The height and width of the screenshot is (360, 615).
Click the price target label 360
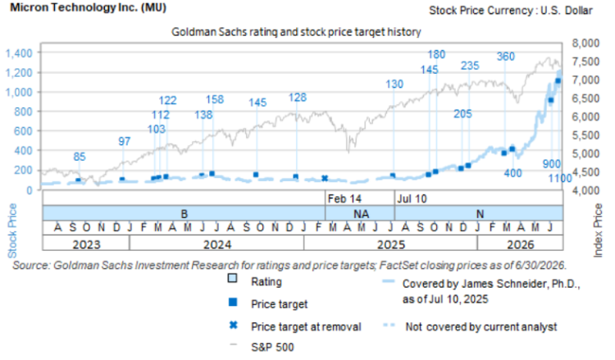(506, 57)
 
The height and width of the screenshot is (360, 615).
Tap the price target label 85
(80, 157)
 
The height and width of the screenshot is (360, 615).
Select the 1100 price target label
(560, 179)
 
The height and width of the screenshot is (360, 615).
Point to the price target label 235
(470, 66)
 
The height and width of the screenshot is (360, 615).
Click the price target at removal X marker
(325, 179)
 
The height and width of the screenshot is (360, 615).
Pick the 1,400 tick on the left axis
(18, 53)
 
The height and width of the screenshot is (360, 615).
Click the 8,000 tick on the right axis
(586, 43)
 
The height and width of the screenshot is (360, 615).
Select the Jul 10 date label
(412, 198)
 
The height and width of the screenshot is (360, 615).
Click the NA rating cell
(360, 214)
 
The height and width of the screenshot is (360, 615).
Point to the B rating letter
(184, 214)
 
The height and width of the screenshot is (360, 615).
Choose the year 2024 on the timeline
(217, 244)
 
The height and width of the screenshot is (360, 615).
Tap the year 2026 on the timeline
(521, 244)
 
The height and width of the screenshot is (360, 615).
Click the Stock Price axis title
(12, 230)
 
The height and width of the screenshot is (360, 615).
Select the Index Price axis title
(598, 230)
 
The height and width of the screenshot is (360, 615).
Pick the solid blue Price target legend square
(233, 302)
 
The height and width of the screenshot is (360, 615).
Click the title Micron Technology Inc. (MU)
(88, 7)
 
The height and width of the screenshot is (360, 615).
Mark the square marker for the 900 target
(551, 100)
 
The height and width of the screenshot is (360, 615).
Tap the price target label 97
(125, 142)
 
